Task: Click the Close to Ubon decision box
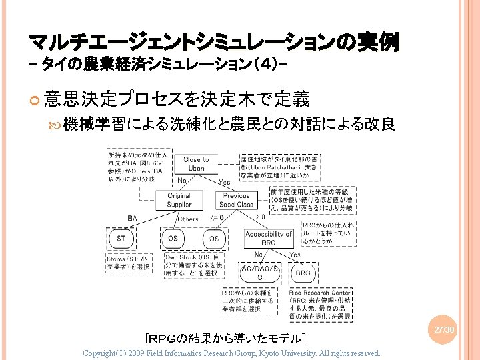point(196,164)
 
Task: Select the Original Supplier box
point(179,200)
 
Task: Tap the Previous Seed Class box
point(237,200)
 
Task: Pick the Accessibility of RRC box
point(269,238)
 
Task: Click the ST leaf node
point(121,238)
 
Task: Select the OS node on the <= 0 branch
point(214,238)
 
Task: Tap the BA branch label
point(133,217)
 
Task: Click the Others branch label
point(188,219)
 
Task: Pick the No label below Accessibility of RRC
point(258,255)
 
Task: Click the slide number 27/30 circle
point(443,330)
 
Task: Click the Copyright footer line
point(231,353)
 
